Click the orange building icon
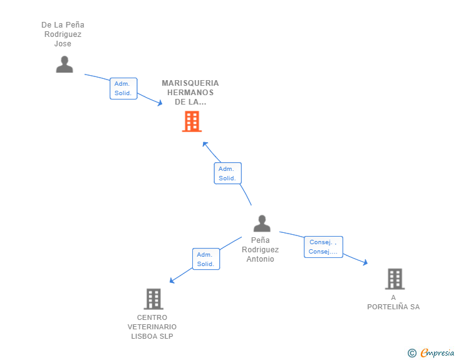[192, 121]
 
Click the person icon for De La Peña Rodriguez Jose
[65, 64]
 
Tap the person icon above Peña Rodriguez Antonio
[262, 224]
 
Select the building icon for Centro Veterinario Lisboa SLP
[153, 299]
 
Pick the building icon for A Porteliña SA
[395, 279]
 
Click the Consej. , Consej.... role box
[323, 247]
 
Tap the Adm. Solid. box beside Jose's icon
[123, 88]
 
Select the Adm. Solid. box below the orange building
[228, 173]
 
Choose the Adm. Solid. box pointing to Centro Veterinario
[206, 259]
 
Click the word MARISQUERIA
[190, 83]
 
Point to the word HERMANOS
[190, 93]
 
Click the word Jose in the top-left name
[63, 44]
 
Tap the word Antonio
[261, 259]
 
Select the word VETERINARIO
[152, 327]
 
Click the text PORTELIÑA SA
[393, 307]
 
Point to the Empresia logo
[437, 352]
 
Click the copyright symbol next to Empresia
[412, 353]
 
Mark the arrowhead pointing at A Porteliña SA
[366, 262]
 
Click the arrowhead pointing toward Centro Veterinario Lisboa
[172, 280]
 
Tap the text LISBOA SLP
[152, 336]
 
